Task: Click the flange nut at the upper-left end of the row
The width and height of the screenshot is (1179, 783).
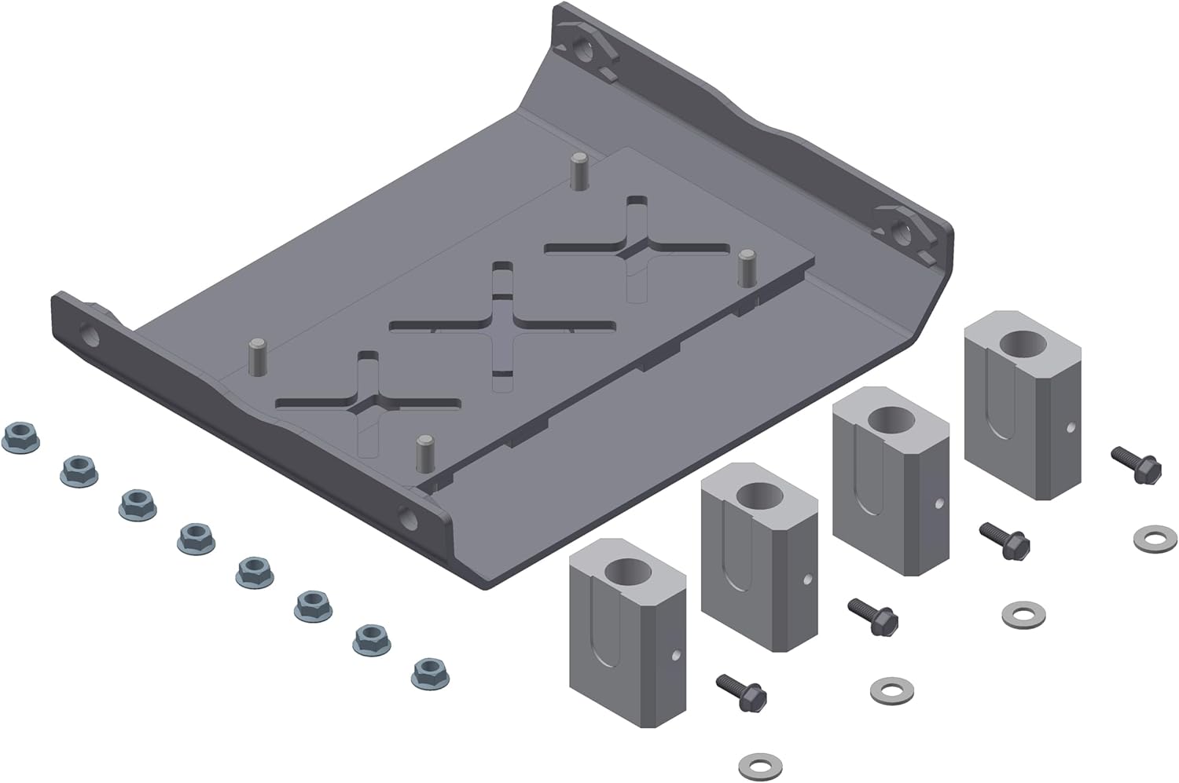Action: pyautogui.click(x=21, y=437)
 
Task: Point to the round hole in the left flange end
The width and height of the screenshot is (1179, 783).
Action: pyautogui.click(x=90, y=336)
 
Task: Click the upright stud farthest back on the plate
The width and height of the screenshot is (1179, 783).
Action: pyautogui.click(x=578, y=171)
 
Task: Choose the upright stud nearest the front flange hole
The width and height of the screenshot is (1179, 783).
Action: pyautogui.click(x=425, y=452)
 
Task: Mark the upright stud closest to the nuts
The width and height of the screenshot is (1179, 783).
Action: pyautogui.click(x=256, y=357)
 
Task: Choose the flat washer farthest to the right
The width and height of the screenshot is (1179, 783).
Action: pyautogui.click(x=1155, y=540)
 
